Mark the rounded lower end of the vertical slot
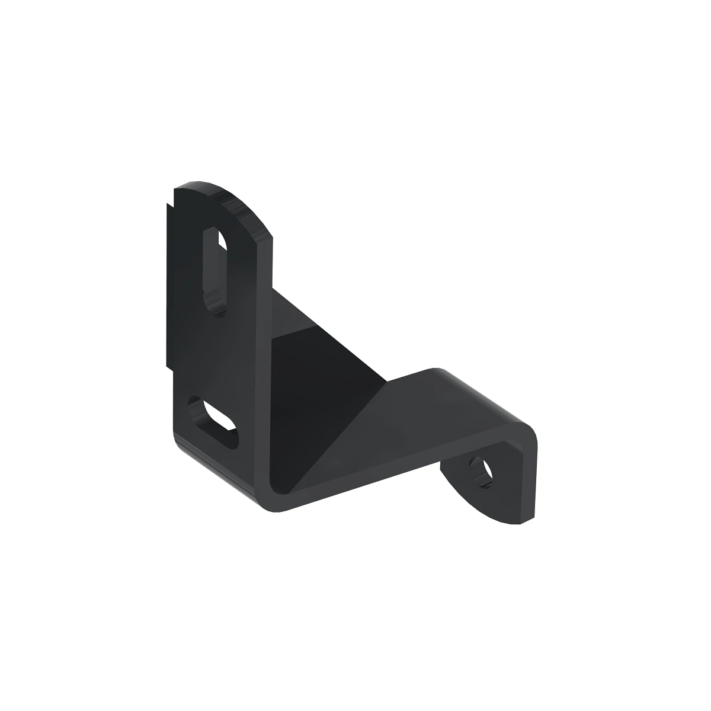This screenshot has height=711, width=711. pos(217,306)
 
